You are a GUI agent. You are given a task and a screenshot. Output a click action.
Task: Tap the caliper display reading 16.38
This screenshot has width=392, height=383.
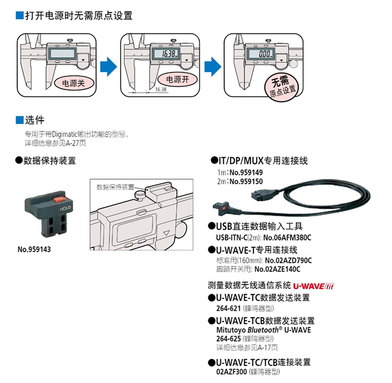point(164,54)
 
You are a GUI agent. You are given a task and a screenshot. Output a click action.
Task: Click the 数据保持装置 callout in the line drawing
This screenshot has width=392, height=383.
point(115,187)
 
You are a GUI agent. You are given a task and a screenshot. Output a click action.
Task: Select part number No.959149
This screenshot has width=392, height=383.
point(246,172)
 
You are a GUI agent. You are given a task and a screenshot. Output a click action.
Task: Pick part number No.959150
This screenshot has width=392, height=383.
point(246,182)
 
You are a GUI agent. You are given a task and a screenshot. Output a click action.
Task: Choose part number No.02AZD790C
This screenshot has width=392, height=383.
point(289,260)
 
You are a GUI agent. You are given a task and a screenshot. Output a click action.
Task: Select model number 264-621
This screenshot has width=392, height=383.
point(226,308)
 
